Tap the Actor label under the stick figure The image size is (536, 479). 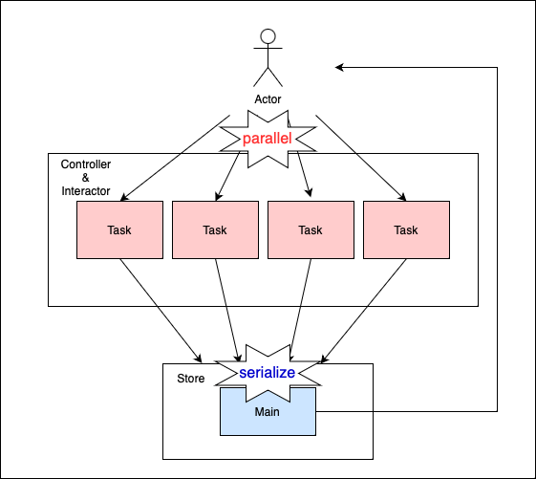pos(268,99)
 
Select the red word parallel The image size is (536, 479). pos(267,139)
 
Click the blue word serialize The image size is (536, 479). pos(267,373)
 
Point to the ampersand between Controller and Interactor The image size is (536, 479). pos(85,178)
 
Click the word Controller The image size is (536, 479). pos(86,164)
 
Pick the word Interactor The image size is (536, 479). pos(86,191)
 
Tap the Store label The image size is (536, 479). pos(191,379)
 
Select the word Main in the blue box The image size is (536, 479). pos(267,412)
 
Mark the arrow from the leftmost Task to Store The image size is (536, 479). pos(161,311)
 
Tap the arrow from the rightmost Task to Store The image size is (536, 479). pos(364,311)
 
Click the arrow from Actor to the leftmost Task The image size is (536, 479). pos(175,158)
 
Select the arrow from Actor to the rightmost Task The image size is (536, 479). pos(361,158)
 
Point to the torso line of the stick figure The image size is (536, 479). pos(268,56)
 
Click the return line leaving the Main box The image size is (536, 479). pos(497,239)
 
